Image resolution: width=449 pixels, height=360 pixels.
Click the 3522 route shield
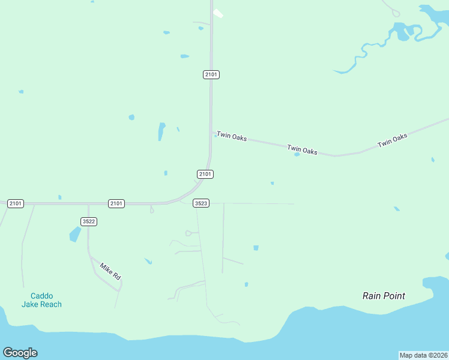(89, 221)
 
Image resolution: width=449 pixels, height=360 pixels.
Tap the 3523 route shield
(201, 203)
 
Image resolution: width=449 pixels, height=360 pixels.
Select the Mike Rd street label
(110, 272)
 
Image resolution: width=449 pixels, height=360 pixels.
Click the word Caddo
(41, 296)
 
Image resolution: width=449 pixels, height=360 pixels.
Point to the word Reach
(51, 304)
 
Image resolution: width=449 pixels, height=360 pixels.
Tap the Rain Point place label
(384, 296)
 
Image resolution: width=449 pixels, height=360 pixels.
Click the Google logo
(20, 353)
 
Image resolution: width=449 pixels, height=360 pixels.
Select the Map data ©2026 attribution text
(423, 355)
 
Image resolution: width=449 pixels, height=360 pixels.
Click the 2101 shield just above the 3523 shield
(205, 174)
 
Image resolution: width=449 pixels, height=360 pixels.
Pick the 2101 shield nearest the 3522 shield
(116, 203)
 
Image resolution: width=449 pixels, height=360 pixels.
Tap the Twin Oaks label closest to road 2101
(232, 137)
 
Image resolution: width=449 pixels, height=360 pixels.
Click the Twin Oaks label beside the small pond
(302, 149)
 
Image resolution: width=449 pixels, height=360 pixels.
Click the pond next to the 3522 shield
(75, 234)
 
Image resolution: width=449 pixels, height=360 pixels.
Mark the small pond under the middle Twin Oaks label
(297, 155)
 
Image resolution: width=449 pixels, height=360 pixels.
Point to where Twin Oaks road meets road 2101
(211, 132)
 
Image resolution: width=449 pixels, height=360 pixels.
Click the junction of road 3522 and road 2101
(88, 205)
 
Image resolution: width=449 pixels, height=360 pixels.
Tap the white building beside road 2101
(218, 13)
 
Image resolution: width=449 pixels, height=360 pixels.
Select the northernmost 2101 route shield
(211, 74)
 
